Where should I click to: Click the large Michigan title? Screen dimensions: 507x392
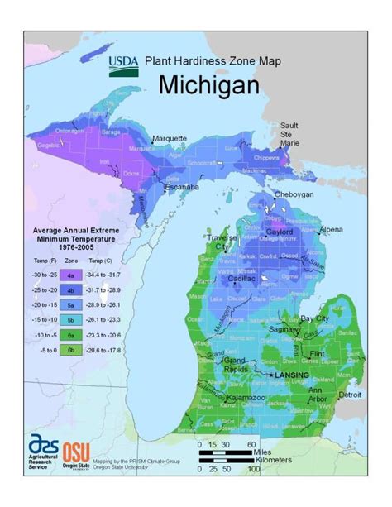(208, 85)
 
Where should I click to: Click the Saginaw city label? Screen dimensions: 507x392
(284, 329)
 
